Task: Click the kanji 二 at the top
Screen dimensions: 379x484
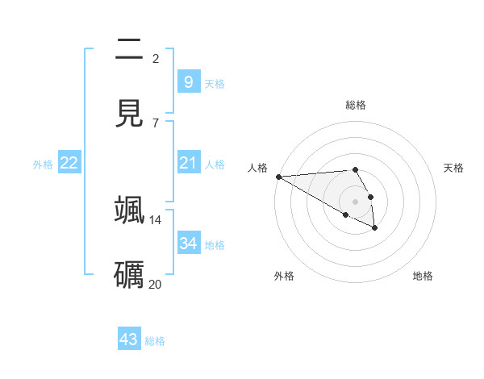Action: point(129,50)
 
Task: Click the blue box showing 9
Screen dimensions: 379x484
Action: point(188,81)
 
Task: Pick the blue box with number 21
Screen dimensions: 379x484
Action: point(188,163)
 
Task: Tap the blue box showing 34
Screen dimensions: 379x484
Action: point(188,243)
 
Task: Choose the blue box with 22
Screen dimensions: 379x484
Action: point(69,163)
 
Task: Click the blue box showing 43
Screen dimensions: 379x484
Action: point(129,339)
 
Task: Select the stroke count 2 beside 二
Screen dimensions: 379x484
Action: point(156,58)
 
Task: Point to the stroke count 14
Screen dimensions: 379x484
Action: point(156,219)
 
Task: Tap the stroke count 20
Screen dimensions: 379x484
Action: point(156,284)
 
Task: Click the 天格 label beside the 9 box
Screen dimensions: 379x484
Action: point(215,83)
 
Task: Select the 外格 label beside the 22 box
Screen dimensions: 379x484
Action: point(43,165)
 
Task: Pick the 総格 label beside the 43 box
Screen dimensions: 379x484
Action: point(155,341)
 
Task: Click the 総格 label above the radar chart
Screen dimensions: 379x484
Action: point(356,105)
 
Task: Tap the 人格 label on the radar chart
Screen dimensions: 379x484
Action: point(257,168)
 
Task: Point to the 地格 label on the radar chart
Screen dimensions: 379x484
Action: point(423,276)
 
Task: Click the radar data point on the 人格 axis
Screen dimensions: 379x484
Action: point(278,177)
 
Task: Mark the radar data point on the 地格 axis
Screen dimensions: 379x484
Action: point(375,228)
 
